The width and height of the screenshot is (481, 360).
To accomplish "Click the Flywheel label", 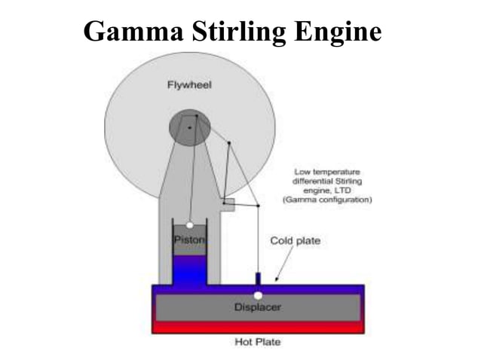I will pos(189,84).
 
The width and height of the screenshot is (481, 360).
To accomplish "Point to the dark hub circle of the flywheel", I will pos(188,127).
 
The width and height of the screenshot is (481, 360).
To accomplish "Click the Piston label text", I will pos(189,239).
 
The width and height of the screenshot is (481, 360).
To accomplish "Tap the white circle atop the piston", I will pos(189,224).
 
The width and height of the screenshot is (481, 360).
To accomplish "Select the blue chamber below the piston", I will pos(190,270).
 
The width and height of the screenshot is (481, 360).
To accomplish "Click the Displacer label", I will pos(258,307).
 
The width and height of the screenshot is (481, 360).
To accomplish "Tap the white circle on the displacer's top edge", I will pos(258,295).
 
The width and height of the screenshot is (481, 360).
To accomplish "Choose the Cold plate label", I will pos(296,241).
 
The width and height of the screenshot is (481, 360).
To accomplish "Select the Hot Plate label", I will pos(259,341).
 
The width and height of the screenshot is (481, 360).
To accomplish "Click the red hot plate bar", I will pos(258,328).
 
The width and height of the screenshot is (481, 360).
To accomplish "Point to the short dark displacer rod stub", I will pos(258,278).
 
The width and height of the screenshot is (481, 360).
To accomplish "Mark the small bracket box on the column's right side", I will pos(228,204).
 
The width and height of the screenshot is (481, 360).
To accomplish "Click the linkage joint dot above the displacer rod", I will pos(258,206).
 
